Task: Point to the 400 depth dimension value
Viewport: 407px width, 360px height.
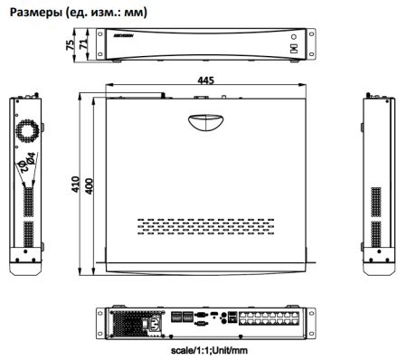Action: click(x=89, y=184)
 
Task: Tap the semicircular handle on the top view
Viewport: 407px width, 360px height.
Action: click(x=207, y=120)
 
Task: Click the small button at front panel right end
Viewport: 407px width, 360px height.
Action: click(x=293, y=49)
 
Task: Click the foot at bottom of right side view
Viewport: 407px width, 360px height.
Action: click(x=378, y=269)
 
